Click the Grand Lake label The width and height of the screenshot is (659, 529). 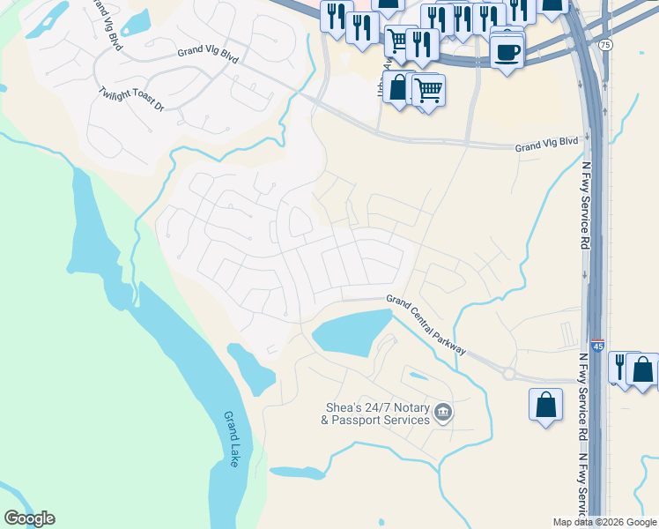232,438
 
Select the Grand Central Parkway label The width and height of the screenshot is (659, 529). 426,324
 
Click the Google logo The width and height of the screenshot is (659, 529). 29,518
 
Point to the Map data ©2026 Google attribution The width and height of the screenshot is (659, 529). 605,522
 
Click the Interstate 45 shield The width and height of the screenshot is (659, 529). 597,347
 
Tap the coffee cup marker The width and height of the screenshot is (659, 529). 507,51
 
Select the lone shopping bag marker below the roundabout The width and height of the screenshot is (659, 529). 546,405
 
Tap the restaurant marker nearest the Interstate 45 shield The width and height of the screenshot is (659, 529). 622,365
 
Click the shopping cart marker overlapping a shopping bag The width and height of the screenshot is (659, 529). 428,89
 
